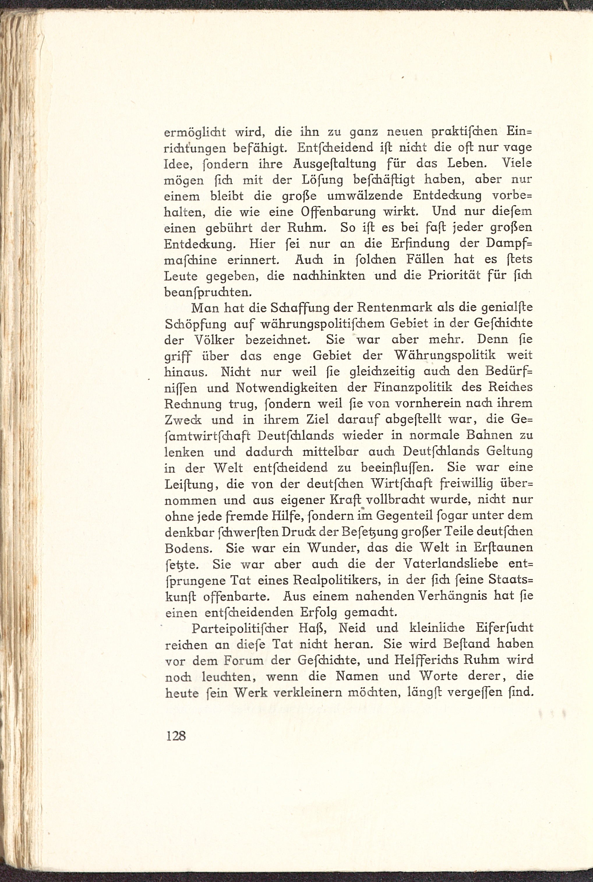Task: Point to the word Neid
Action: coord(352,628)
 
